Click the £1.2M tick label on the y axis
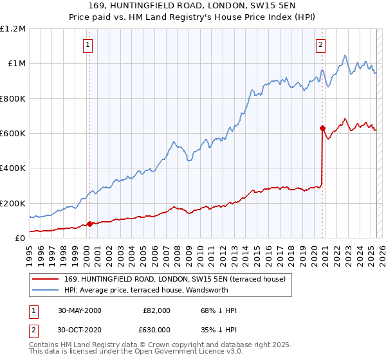tap(13, 29)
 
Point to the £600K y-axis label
tap(13, 134)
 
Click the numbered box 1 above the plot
tap(87, 44)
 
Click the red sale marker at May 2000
tap(90, 224)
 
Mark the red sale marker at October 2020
tap(323, 128)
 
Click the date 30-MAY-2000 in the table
tap(80, 310)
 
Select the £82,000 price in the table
tap(156, 310)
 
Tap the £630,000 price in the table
tap(156, 329)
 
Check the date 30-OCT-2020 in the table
tap(80, 329)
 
